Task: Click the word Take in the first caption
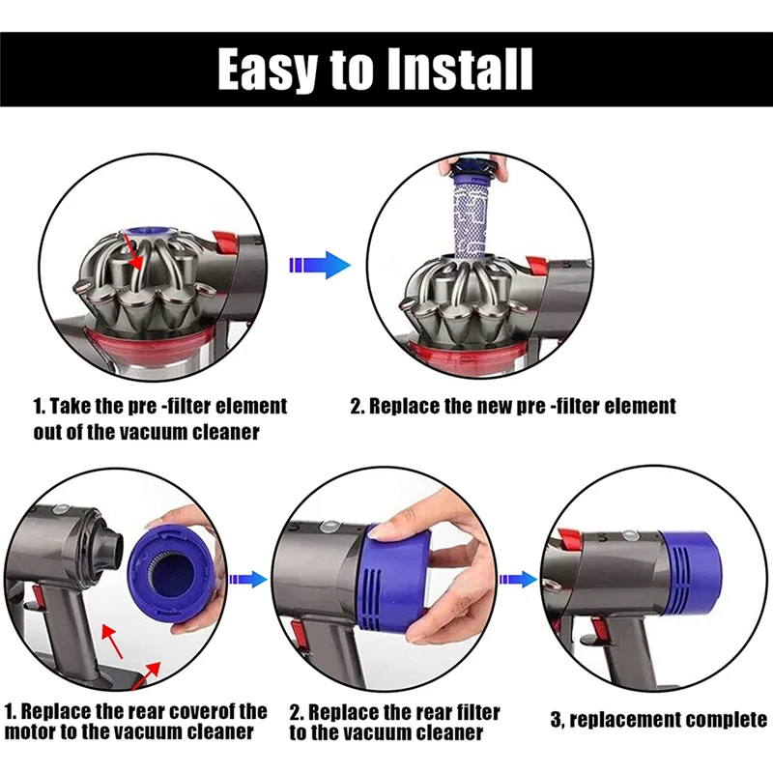(76, 406)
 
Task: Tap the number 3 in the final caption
(557, 720)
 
